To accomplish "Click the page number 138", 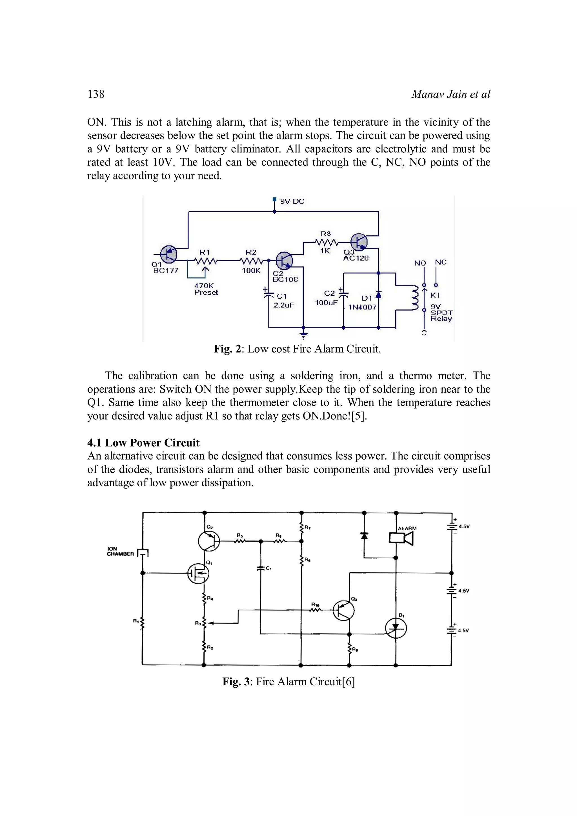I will tap(96, 94).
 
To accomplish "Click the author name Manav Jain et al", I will tap(450, 94).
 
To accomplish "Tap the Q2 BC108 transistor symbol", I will tap(284, 260).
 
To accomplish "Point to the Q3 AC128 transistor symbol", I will tap(359, 242).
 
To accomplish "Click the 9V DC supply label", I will tap(292, 202).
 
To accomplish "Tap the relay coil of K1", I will tap(414, 298).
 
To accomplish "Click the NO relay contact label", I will tap(420, 263).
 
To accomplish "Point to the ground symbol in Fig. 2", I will tap(303, 335).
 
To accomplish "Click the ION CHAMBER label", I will tap(120, 551).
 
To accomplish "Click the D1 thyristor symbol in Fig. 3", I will tap(396, 629).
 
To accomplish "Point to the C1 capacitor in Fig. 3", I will tap(261, 568).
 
